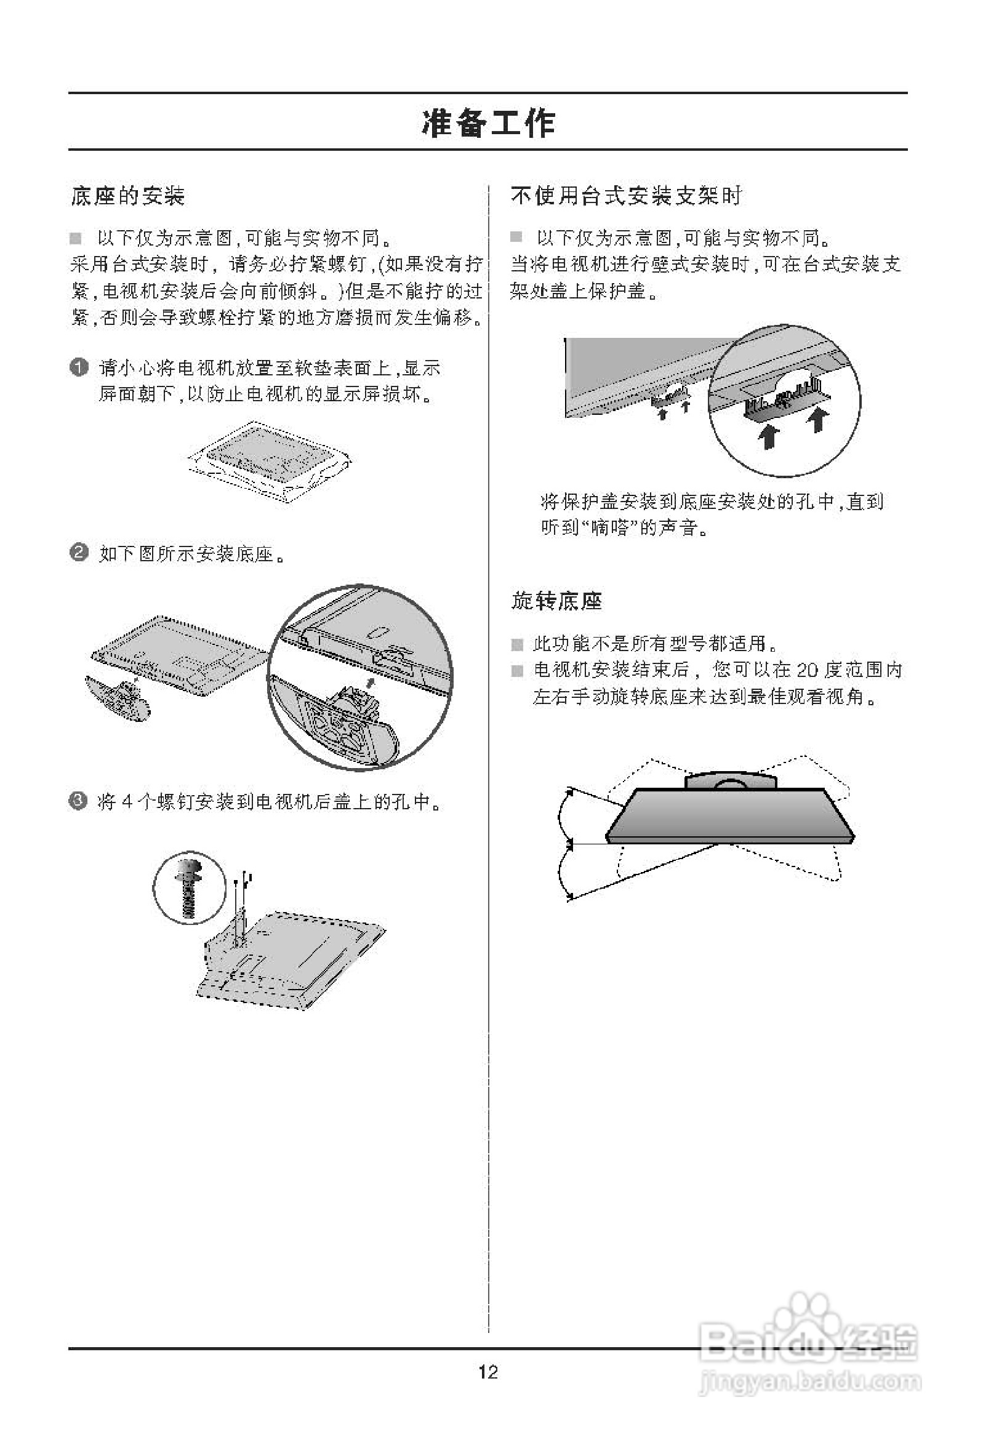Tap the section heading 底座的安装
[x=127, y=196]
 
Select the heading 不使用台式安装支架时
[x=626, y=196]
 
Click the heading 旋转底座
[x=556, y=601]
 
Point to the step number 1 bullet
[x=79, y=367]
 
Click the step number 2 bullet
[x=79, y=551]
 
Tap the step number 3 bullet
[x=79, y=802]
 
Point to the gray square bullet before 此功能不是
[x=517, y=645]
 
